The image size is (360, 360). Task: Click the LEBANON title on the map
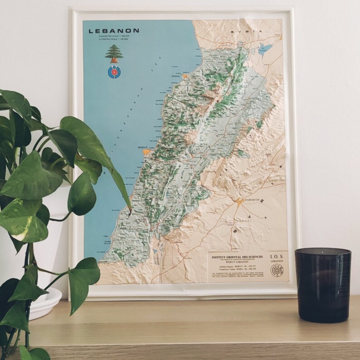coord(114,31)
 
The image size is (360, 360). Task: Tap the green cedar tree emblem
coord(114,54)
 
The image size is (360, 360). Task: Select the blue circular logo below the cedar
coord(113,72)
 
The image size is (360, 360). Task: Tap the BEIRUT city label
coord(143,148)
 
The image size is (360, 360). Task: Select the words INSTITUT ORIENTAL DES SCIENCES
coord(236,256)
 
